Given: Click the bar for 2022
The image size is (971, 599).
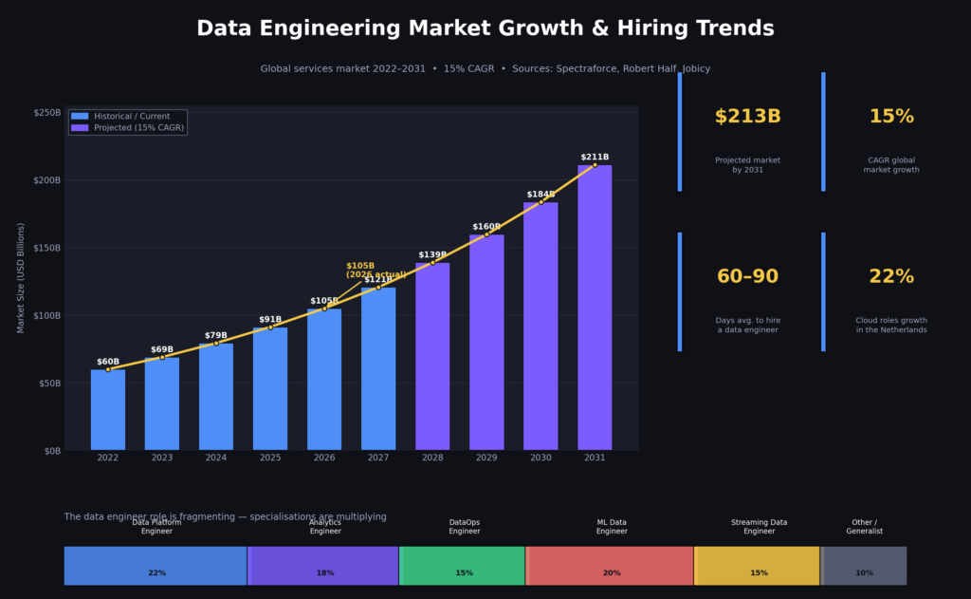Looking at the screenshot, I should click(107, 409).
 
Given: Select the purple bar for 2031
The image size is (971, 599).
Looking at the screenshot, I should click(595, 308).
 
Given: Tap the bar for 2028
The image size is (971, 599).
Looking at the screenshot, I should click(432, 356).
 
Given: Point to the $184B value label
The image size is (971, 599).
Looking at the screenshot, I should click(540, 195).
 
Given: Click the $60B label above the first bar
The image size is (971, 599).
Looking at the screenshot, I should click(108, 362).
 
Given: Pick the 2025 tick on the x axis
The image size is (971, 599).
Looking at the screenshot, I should click(270, 458).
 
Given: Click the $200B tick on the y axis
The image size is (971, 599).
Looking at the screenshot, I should click(46, 179).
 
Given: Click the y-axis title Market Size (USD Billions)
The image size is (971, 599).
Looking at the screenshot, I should click(21, 278).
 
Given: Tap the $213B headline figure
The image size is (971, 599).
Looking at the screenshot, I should click(747, 117).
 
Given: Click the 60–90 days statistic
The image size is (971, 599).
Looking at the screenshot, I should click(747, 276).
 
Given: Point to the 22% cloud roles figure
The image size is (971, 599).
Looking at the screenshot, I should click(891, 276).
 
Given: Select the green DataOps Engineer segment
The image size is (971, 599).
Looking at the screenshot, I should click(463, 566).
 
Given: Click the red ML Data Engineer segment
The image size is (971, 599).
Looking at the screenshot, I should click(610, 566).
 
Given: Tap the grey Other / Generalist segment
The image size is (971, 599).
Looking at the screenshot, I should click(864, 566).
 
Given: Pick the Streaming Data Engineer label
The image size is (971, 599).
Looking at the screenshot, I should click(759, 527).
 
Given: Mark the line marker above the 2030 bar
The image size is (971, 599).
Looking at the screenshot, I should click(540, 202).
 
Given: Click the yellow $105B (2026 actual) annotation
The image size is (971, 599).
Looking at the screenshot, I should click(376, 271).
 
